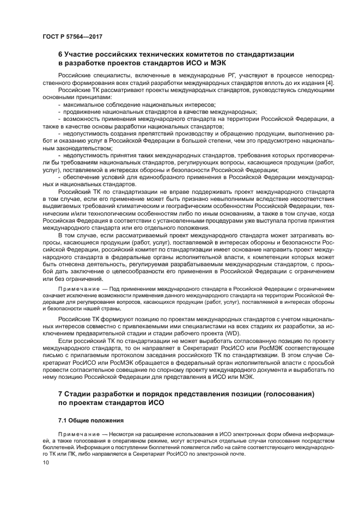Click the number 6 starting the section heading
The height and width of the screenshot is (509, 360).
click(x=60, y=54)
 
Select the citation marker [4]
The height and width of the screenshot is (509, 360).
click(x=331, y=82)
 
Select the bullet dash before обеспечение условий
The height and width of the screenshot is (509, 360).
click(x=59, y=177)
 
